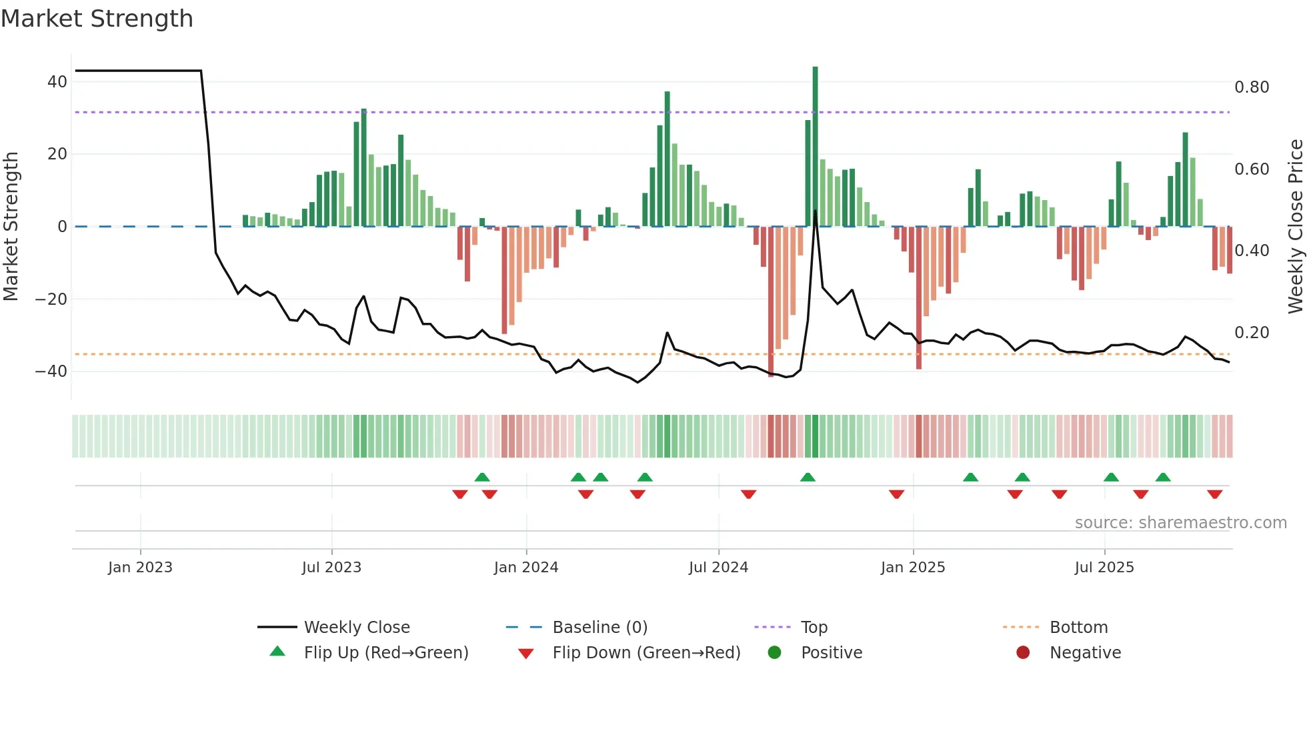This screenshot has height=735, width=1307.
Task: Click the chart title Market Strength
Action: (97, 19)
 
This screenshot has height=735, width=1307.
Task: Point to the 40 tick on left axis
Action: (57, 82)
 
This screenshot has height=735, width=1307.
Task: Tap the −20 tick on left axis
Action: (51, 299)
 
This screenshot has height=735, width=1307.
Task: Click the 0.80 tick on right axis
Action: (1251, 87)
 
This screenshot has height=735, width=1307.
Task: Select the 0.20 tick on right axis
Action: (1251, 332)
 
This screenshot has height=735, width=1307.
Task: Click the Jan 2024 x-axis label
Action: (525, 568)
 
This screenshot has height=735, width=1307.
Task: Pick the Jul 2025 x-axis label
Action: (1104, 568)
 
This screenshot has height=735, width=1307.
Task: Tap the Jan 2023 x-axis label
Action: (140, 568)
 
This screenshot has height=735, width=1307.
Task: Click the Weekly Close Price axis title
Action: (1295, 227)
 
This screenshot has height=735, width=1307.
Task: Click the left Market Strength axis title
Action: (11, 227)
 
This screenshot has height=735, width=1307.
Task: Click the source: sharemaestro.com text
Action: (1180, 523)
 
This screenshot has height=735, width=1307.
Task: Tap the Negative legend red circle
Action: (1023, 652)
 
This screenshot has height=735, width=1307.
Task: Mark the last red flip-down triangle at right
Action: (1214, 494)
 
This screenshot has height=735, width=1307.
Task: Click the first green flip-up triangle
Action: (482, 477)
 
